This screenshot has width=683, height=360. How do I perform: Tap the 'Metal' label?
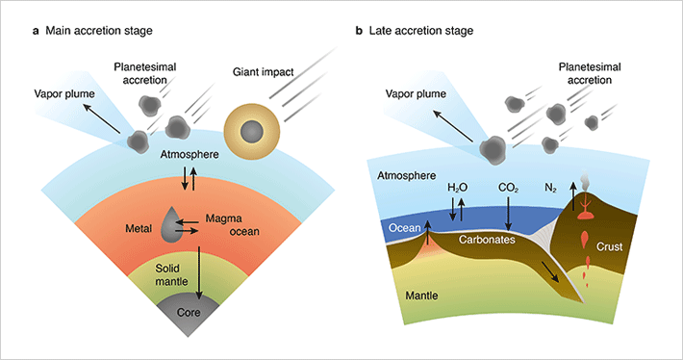click(140, 228)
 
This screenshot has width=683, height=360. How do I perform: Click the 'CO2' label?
click(509, 187)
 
